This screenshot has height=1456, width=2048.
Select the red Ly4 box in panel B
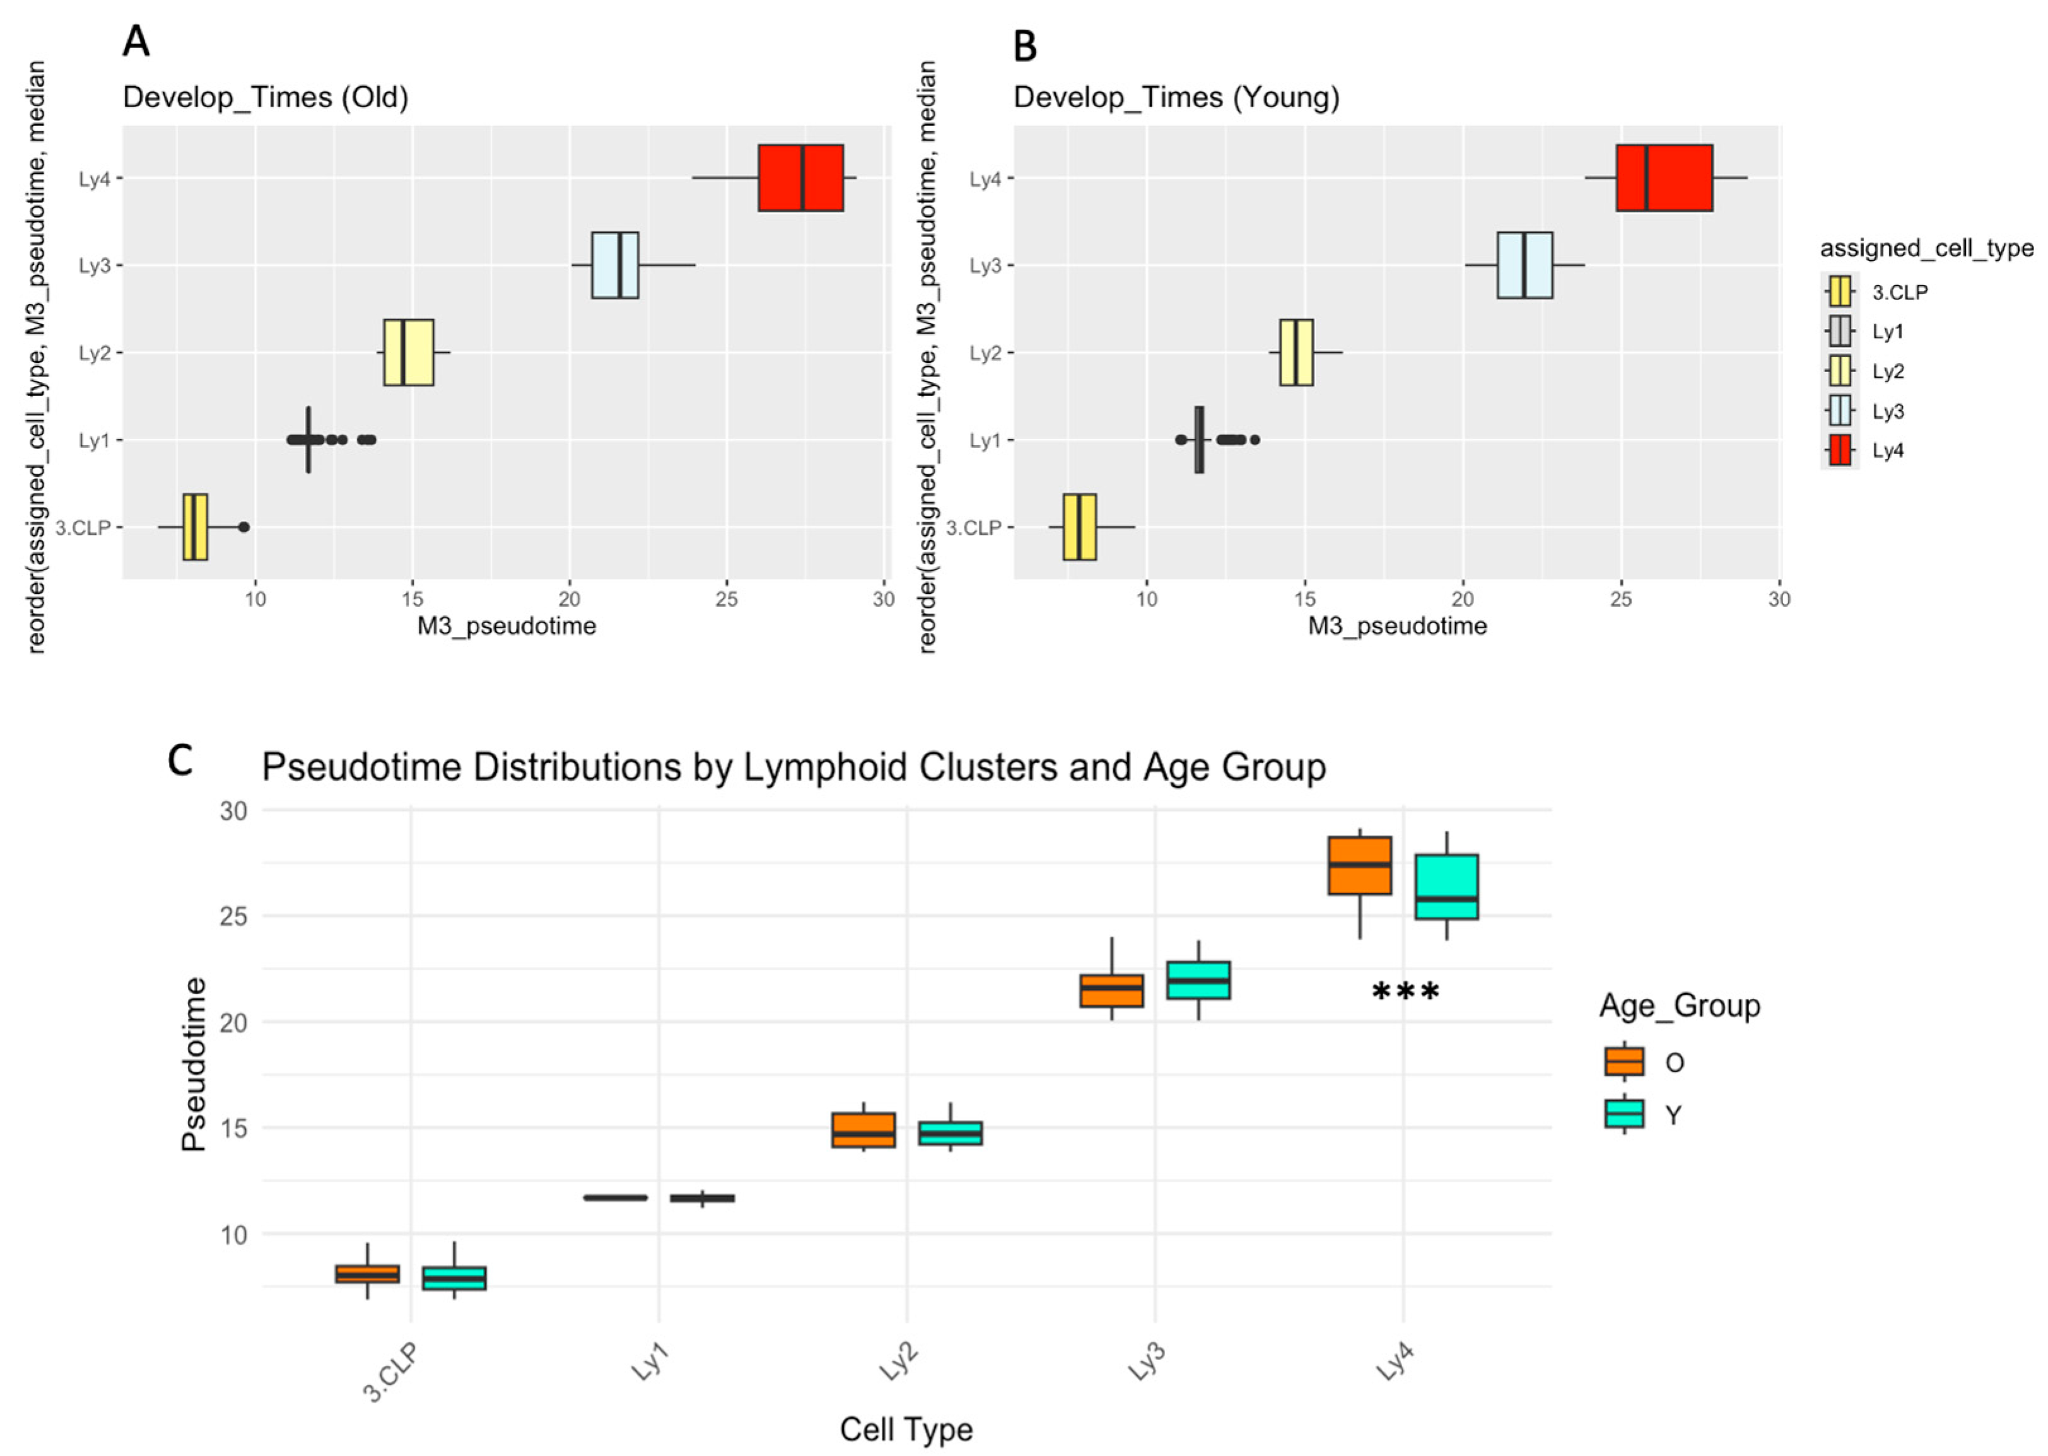[1663, 178]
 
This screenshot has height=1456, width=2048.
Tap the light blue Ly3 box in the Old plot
[614, 265]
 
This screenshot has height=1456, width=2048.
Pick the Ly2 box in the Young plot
[1296, 352]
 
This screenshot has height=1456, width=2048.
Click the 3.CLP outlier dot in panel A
[243, 527]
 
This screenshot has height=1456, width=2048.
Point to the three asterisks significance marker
[1405, 993]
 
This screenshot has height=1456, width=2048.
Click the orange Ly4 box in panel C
[1359, 865]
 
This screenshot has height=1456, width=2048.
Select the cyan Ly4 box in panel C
[1446, 886]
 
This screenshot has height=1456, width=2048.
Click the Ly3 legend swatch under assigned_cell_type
[1839, 411]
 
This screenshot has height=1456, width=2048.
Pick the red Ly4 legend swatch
[1839, 450]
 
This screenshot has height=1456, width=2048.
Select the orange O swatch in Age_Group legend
[1624, 1061]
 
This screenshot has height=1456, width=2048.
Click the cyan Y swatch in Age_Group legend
[1624, 1114]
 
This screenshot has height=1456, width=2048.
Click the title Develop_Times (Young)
[1176, 97]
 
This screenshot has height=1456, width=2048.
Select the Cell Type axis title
[906, 1429]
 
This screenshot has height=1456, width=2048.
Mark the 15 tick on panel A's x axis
[413, 599]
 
